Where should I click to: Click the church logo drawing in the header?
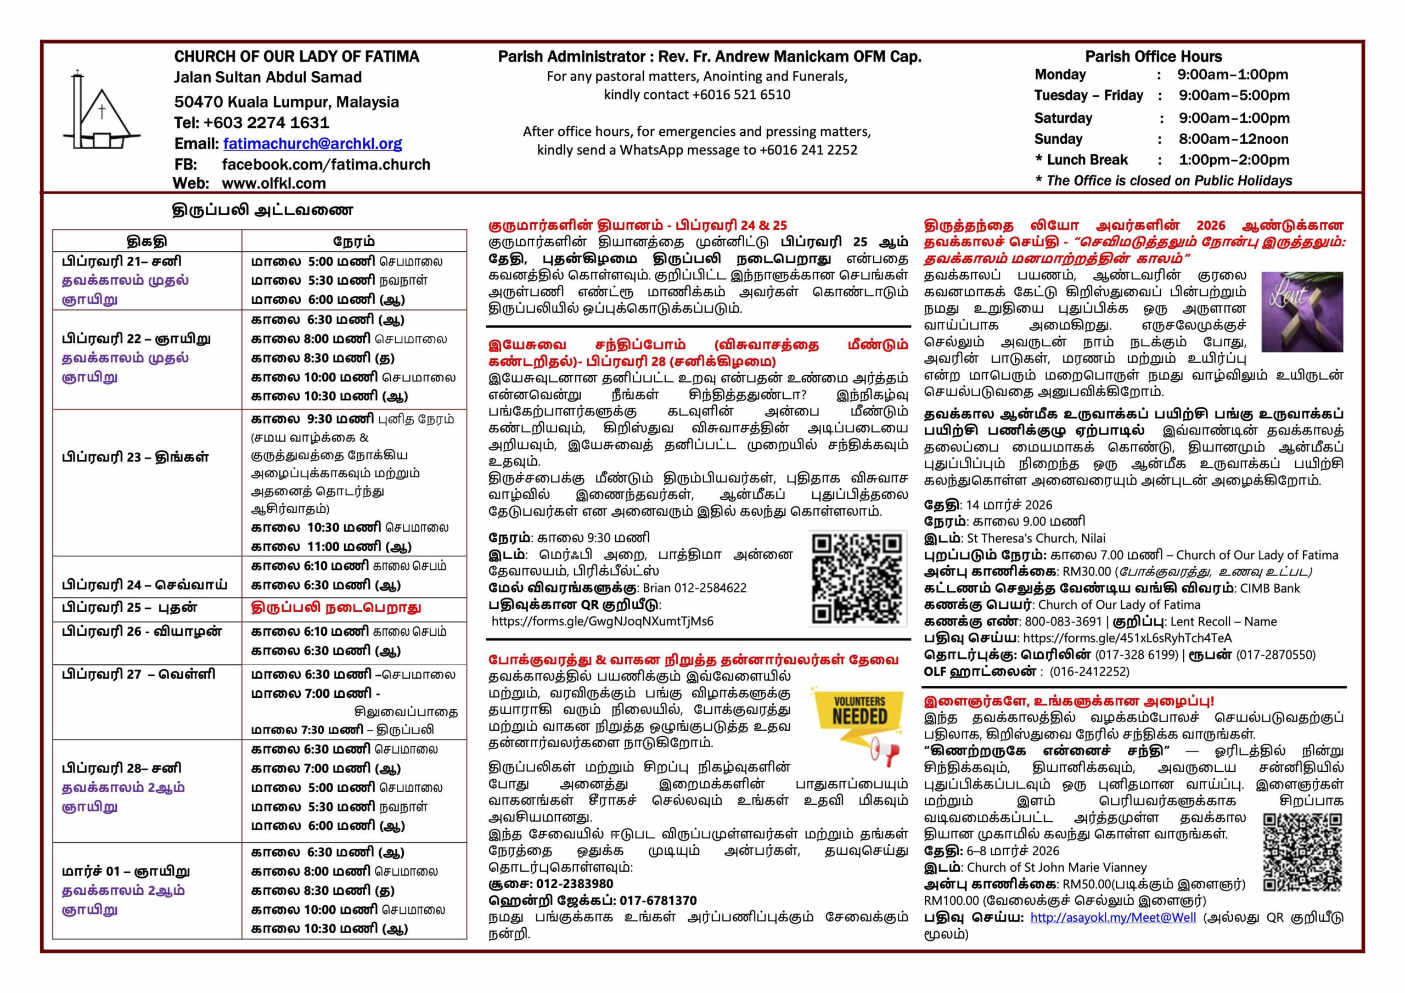[x=101, y=111]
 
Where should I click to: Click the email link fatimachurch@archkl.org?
[x=312, y=144]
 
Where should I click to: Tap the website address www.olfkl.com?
[x=273, y=183]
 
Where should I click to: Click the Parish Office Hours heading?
[x=1153, y=57]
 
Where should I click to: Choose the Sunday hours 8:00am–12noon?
[x=1233, y=139]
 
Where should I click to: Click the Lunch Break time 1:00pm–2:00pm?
[x=1234, y=160]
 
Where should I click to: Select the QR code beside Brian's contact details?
[x=857, y=578]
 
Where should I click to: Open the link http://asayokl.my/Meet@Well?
[x=1112, y=917]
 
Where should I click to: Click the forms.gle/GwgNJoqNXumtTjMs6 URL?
[x=602, y=621]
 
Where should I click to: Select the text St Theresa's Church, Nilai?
[x=1036, y=538]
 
